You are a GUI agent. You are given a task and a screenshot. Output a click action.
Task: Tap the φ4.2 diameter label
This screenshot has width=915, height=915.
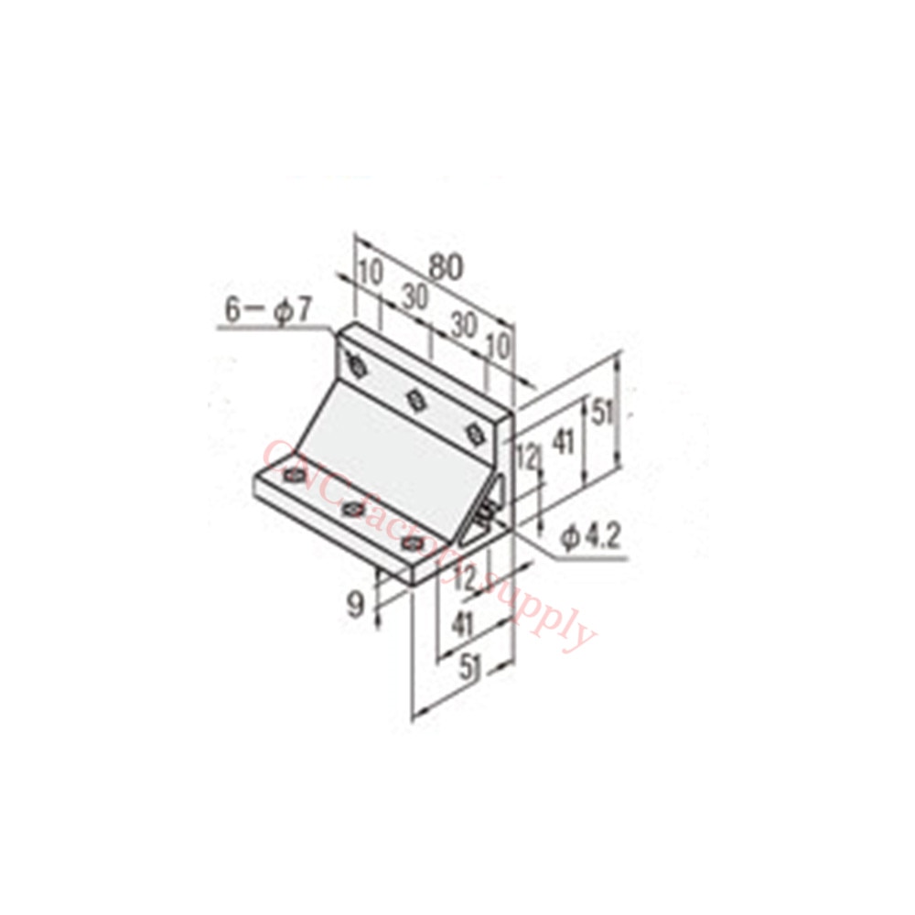click(x=590, y=536)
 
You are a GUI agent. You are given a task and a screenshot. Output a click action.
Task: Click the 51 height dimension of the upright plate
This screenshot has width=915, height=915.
click(x=600, y=414)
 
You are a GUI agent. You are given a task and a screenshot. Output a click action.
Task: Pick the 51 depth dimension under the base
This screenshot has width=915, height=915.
click(x=469, y=669)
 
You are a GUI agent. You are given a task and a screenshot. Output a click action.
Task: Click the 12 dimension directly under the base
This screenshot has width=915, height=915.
click(x=465, y=577)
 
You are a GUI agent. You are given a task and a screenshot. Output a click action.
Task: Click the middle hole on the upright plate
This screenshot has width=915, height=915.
click(x=415, y=399)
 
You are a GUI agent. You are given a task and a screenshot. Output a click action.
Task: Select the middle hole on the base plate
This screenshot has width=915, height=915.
click(x=353, y=508)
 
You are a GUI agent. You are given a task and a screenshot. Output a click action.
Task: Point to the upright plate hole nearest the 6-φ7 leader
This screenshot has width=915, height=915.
click(x=358, y=367)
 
